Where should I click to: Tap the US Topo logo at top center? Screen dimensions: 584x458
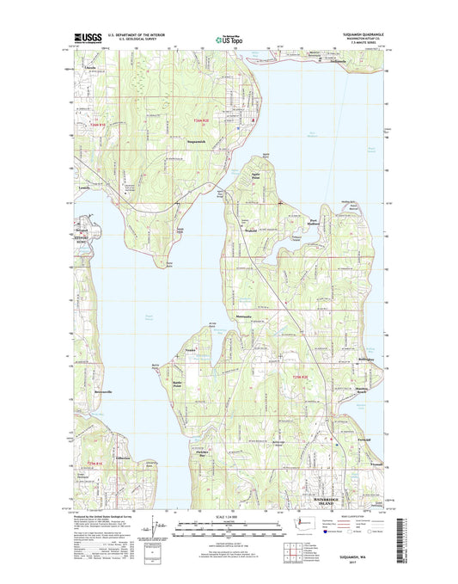coord(228,37)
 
